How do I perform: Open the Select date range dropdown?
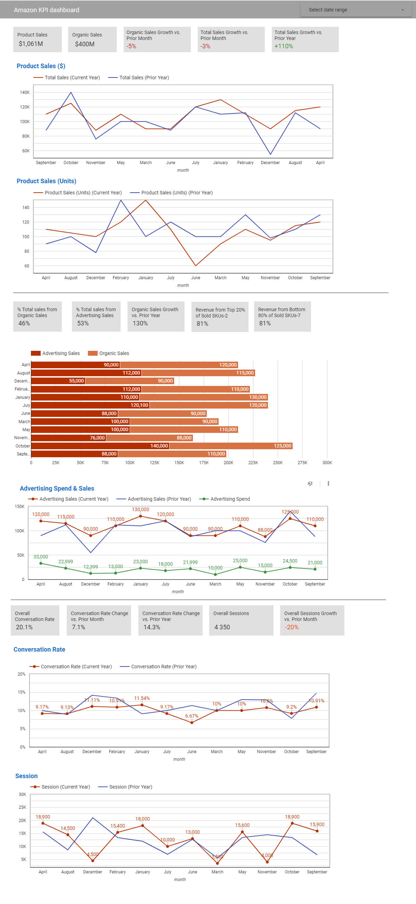click(356, 10)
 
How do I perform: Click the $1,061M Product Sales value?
click(31, 44)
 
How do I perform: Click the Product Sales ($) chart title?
click(41, 66)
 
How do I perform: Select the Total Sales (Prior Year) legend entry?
click(144, 78)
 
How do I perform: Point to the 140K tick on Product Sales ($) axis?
click(25, 92)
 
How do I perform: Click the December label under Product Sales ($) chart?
click(270, 162)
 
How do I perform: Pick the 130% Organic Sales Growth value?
click(140, 323)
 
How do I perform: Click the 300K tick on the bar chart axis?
click(327, 462)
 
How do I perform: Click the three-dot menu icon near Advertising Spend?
click(328, 483)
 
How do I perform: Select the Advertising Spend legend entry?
click(230, 499)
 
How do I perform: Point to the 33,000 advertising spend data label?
click(41, 557)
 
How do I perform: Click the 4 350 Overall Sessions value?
click(222, 627)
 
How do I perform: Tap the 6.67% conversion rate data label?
click(191, 716)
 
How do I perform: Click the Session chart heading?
click(26, 776)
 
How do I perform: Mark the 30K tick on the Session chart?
click(23, 794)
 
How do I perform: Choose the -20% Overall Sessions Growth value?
click(292, 627)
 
